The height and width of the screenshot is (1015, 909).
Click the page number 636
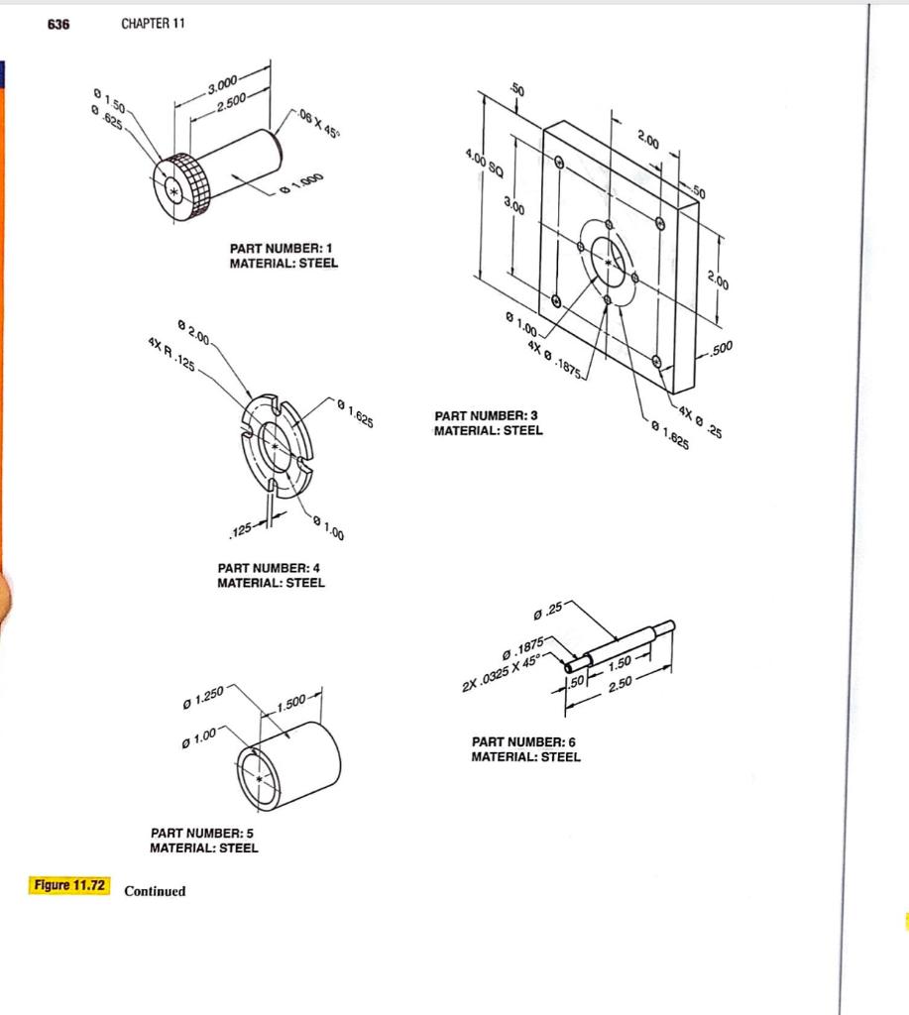[x=58, y=24]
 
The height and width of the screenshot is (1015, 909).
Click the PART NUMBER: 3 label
[x=487, y=416]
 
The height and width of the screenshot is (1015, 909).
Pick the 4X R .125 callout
[x=170, y=356]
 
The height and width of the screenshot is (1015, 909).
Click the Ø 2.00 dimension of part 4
[x=194, y=331]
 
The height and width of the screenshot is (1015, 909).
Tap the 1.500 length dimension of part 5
[x=295, y=704]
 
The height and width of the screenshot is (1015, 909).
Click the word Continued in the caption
[x=155, y=891]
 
